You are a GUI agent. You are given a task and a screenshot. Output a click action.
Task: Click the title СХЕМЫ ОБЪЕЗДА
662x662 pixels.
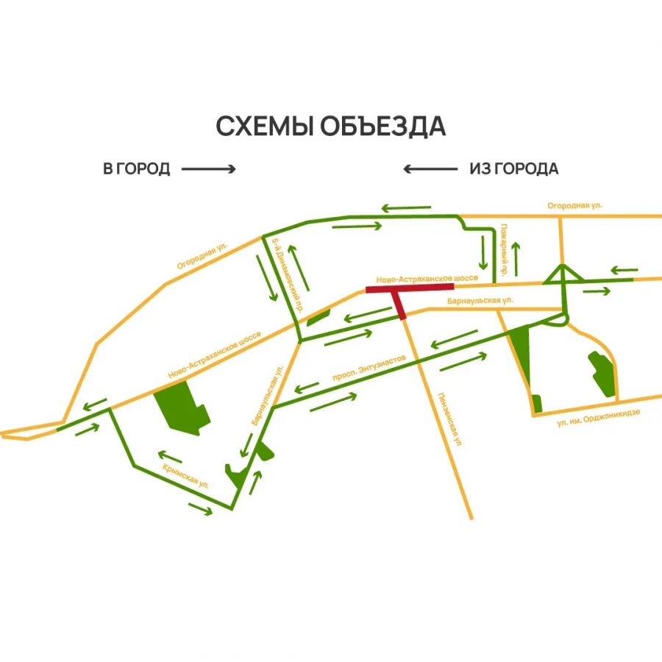pos(330,126)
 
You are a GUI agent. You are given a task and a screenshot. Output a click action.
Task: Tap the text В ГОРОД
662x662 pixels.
pos(137,169)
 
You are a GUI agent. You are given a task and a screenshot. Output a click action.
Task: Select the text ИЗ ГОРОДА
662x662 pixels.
pos(513,169)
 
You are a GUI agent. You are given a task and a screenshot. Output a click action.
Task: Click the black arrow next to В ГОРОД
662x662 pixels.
pos(208,169)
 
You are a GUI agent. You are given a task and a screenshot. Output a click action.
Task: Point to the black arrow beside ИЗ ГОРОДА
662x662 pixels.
pos(429,169)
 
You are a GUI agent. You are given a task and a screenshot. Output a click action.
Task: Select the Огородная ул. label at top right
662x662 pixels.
pos(574,206)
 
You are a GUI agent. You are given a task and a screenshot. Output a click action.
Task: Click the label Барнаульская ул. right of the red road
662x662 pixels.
pos(479,301)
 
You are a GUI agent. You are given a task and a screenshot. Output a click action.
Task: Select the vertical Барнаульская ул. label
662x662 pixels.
pos(267,398)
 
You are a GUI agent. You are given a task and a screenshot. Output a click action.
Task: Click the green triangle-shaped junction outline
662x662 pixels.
pos(563,275)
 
